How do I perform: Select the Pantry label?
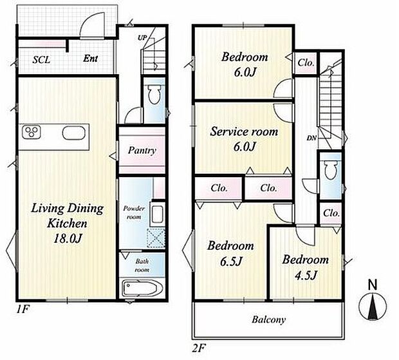click(x=142, y=151)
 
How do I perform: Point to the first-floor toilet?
click(x=154, y=97)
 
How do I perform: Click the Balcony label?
click(x=269, y=319)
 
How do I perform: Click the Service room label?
click(x=245, y=132)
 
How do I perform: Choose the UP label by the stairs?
click(x=143, y=37)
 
